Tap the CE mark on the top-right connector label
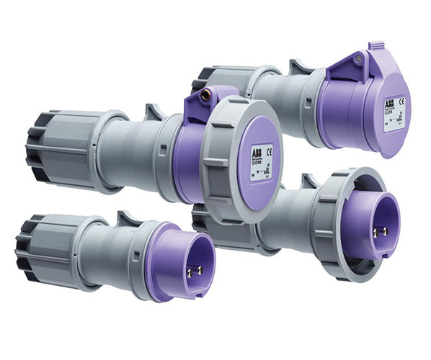tap(401, 102)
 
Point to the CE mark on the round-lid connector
tap(269, 150)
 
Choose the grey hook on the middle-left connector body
tap(153, 113)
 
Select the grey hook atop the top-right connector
tap(298, 67)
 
